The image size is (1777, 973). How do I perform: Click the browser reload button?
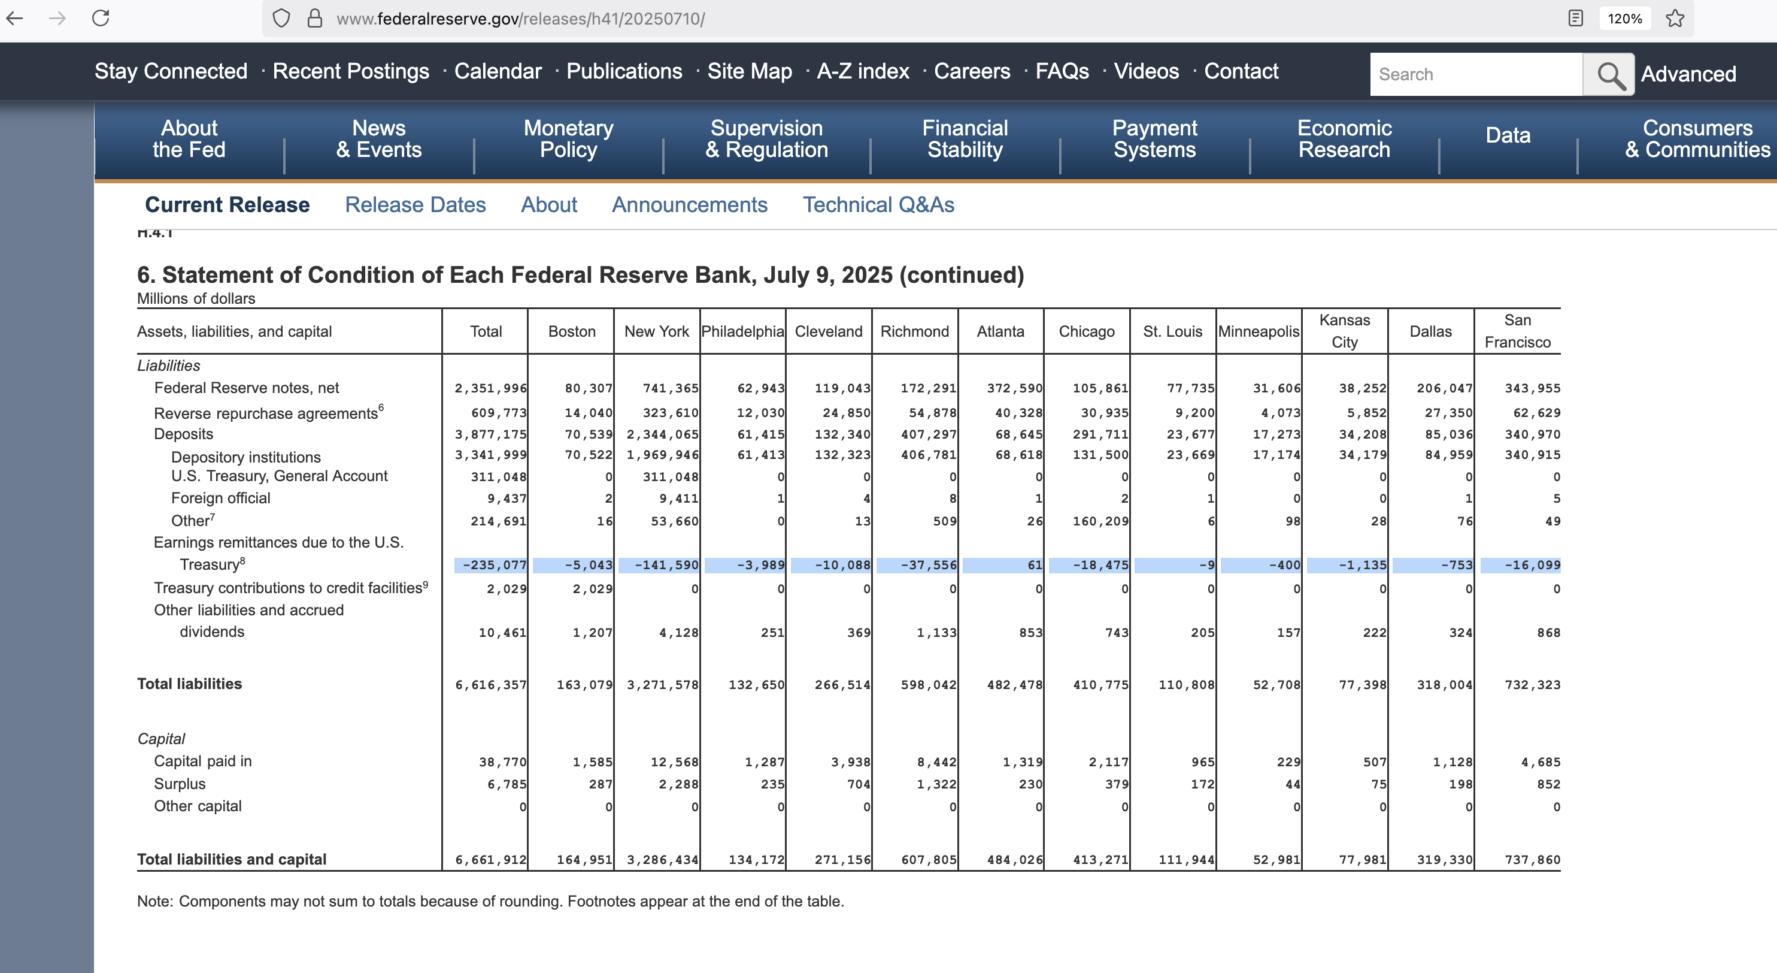(101, 18)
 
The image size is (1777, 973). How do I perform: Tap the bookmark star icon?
(1675, 18)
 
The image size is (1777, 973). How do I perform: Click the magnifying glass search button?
(1609, 74)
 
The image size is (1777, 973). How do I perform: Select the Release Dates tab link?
(416, 205)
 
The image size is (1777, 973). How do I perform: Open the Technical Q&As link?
(878, 205)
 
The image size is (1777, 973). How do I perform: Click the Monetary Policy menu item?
(568, 139)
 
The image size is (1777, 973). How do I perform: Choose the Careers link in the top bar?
(972, 71)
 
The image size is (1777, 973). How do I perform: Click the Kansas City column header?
(1345, 331)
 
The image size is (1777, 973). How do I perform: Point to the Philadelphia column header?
(742, 331)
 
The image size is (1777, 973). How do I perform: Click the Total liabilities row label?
(190, 684)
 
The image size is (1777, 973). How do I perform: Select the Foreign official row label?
(221, 498)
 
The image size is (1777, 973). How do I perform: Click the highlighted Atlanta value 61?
(1035, 565)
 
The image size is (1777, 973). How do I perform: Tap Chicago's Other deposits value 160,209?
(1100, 522)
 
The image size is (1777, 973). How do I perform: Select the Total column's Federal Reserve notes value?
(490, 388)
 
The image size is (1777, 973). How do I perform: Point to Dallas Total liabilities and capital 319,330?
(1445, 860)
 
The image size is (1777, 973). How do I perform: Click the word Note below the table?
(154, 901)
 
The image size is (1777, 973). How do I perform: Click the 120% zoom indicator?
(1624, 19)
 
